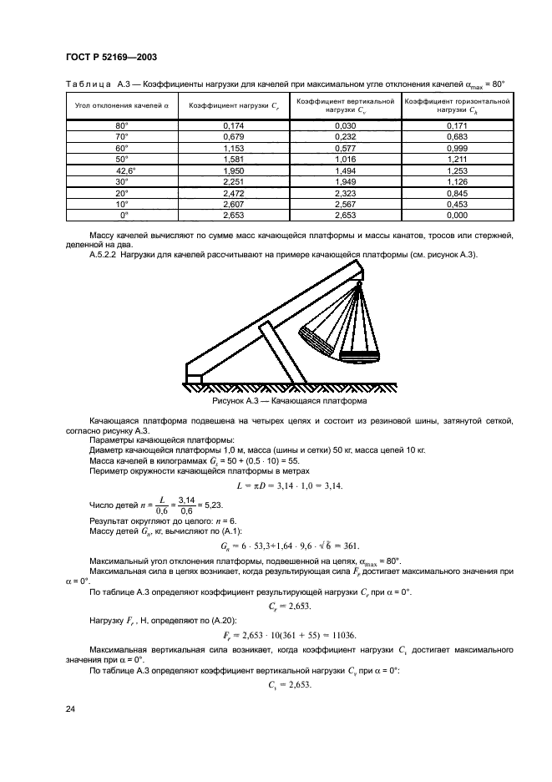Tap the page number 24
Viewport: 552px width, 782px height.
[70, 709]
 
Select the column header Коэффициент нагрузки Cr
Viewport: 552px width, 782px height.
[233, 106]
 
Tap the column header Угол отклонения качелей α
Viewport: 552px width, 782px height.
[122, 106]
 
